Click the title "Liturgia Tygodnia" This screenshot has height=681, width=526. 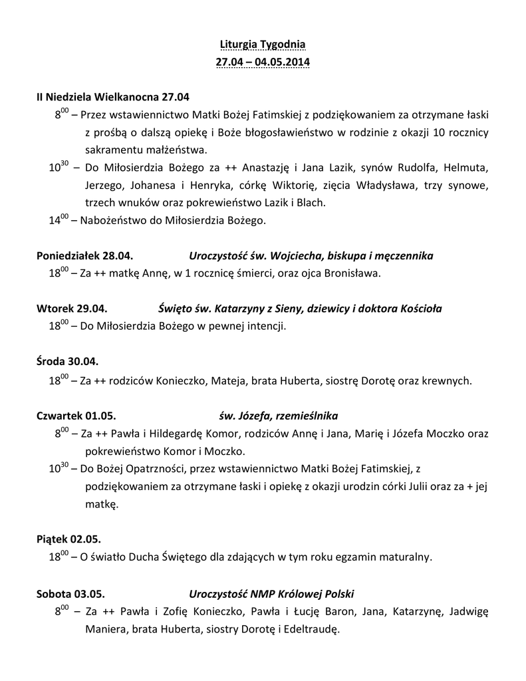point(263,45)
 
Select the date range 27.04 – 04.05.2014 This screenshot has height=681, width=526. point(263,63)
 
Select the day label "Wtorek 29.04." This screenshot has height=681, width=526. point(72,309)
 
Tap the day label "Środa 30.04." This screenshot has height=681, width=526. point(67,362)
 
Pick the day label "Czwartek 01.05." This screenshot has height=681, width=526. point(76,416)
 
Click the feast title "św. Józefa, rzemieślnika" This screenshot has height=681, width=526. point(278,416)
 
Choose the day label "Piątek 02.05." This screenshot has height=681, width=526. point(68,538)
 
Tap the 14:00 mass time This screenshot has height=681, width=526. point(59,219)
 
